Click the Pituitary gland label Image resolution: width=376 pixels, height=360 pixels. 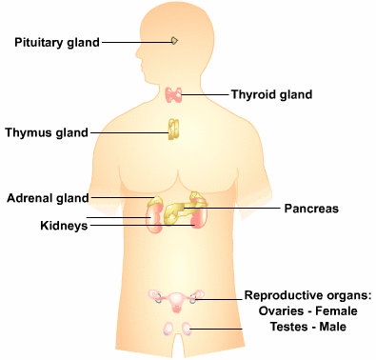coord(57,43)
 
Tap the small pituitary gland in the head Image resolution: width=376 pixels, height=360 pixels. coord(174,41)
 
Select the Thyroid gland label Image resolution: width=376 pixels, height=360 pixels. coord(271,94)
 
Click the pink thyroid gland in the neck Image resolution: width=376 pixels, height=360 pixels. coord(173,95)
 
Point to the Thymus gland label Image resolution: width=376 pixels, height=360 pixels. coord(47,132)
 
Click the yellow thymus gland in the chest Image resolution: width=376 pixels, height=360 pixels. coord(173,130)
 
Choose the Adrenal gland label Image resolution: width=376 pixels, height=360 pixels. coord(48,198)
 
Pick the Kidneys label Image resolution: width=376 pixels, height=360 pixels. coord(64,226)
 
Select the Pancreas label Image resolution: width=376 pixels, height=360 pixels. coord(311,209)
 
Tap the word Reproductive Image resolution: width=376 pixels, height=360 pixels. coord(279,295)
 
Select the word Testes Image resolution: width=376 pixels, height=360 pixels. coord(289,327)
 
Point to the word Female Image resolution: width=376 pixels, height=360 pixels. coord(336,310)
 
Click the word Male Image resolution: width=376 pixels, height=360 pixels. coord(332,327)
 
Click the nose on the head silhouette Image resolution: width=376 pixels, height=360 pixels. coord(138,54)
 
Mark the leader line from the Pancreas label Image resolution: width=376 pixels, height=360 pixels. coord(232,209)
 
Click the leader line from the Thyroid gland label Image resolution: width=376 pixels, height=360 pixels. coord(205,94)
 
